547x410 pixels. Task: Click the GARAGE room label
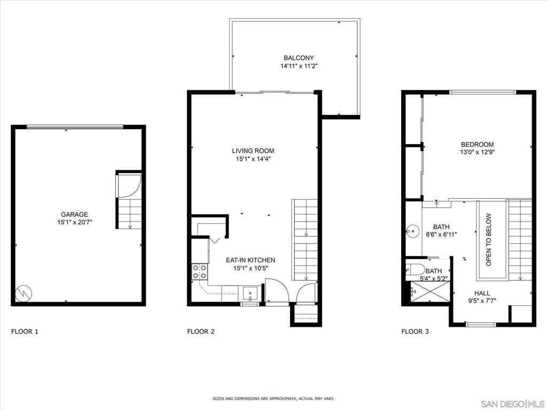click(x=74, y=215)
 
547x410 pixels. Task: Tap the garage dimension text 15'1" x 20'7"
click(x=75, y=222)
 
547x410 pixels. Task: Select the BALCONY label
click(x=299, y=58)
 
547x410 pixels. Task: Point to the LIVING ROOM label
click(x=253, y=151)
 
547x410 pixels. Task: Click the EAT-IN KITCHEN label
click(x=251, y=260)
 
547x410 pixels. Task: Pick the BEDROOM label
click(x=477, y=144)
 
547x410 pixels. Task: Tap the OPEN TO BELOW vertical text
click(x=488, y=240)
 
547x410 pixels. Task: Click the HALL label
click(x=482, y=293)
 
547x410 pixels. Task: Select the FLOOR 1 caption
click(x=25, y=331)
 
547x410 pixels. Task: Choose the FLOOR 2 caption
click(x=201, y=331)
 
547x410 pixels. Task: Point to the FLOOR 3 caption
click(x=415, y=331)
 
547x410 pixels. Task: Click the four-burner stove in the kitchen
click(x=200, y=271)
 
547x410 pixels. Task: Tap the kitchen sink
click(x=250, y=294)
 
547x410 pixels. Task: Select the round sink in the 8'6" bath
click(x=413, y=231)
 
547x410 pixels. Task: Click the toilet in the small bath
click(x=415, y=270)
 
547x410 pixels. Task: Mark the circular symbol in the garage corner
click(x=24, y=293)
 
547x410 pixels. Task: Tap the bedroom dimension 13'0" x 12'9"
click(x=478, y=152)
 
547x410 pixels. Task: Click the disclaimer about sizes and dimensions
click(x=273, y=398)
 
